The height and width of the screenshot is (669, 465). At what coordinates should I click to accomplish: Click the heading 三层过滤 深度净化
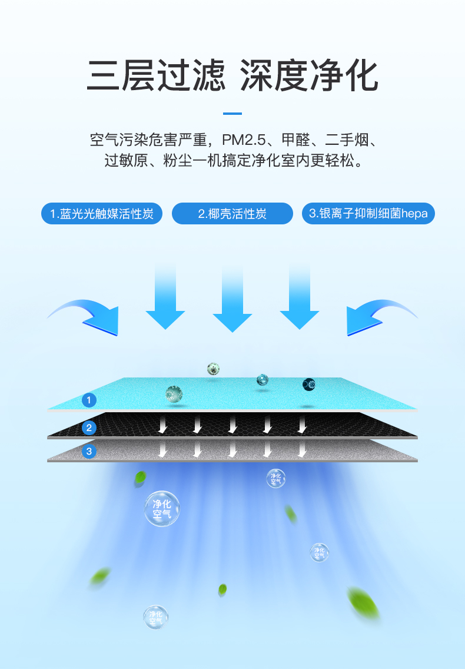232,75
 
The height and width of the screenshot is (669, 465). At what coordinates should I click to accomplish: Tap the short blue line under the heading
232,113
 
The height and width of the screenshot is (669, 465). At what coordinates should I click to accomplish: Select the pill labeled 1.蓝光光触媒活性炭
102,213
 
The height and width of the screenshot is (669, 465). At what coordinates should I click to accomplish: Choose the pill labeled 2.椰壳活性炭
232,213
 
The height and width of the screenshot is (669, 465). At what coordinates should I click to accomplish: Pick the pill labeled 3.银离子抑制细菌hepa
368,213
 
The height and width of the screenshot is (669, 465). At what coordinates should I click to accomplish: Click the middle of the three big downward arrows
232,300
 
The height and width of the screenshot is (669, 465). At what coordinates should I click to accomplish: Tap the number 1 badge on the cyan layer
89,400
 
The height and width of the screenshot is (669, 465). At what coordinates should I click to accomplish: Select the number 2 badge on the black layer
89,428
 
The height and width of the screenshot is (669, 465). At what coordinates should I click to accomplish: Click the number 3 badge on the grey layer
89,452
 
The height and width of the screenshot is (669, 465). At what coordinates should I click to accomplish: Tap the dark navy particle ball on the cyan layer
308,385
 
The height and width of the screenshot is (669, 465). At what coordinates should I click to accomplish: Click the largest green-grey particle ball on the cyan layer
174,394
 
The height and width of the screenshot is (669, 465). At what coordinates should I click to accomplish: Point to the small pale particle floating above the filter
213,369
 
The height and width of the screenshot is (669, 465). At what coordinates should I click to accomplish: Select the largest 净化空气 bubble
162,509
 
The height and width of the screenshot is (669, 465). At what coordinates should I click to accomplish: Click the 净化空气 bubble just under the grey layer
275,478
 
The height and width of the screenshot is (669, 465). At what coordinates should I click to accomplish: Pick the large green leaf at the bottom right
364,604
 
